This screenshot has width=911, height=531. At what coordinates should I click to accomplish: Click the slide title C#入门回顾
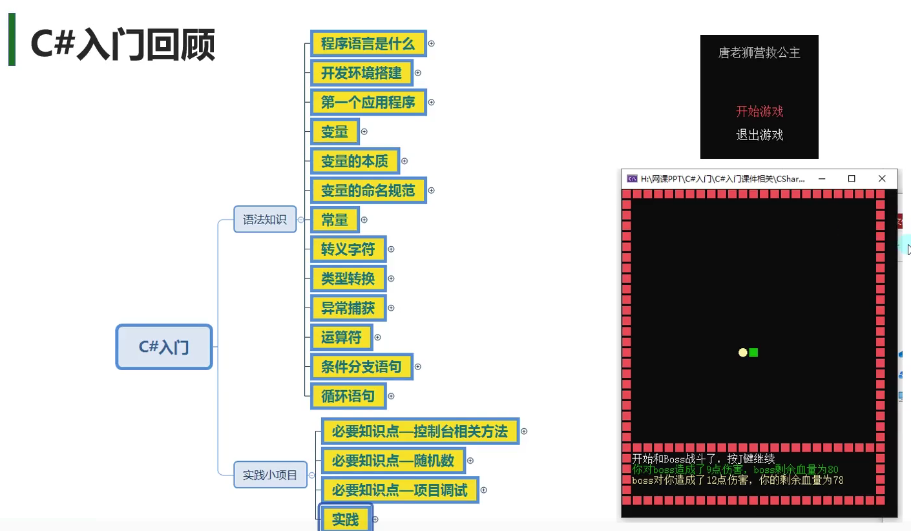coord(123,45)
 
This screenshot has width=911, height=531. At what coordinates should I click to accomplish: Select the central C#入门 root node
coord(164,347)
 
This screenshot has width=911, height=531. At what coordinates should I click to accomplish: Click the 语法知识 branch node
coord(264,220)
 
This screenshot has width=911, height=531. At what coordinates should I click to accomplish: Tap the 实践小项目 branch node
coord(270,475)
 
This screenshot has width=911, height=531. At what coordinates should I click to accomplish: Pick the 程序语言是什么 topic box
coord(368,44)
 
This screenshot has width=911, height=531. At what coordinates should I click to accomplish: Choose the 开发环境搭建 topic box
coord(361,73)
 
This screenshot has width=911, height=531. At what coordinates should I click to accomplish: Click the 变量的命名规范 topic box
coord(368,191)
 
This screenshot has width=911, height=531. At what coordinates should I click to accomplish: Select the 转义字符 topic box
coord(348,249)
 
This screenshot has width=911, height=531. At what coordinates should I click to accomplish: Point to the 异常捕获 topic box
coord(348,308)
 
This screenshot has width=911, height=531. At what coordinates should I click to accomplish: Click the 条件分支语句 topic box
coord(361,367)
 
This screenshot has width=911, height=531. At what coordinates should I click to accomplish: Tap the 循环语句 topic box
coord(348,396)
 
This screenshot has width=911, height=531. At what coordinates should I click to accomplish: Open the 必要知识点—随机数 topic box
coord(393,461)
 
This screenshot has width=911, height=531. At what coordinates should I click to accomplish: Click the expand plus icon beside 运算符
coord(378,337)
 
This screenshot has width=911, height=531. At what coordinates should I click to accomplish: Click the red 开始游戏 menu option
coord(759,111)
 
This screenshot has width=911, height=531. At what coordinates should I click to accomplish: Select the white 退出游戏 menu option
coord(759,135)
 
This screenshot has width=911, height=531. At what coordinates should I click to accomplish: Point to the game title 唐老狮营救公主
coord(759,53)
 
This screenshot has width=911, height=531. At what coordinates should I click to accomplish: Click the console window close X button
coord(882,179)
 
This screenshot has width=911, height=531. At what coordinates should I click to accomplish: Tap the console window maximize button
coord(852,179)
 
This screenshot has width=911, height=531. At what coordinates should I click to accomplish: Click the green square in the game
coord(753,352)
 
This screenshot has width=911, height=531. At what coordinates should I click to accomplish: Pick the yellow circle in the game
coord(743,352)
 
